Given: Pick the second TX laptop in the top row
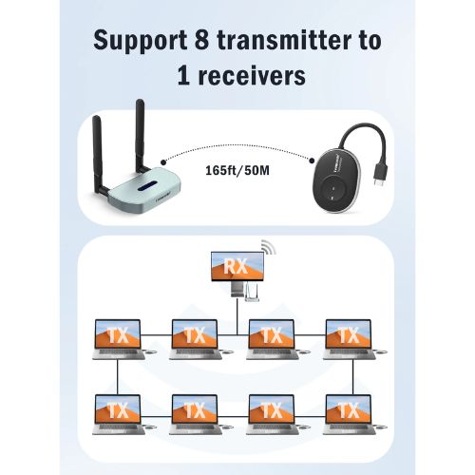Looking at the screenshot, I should point(195,335).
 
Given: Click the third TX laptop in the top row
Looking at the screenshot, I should point(272,335).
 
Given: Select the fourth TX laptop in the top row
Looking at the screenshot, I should point(349,335).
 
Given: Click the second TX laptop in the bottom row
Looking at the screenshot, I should point(195,410).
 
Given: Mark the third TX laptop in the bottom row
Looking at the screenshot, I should point(272,410).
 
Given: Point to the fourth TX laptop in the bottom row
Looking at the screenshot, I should point(349,410).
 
